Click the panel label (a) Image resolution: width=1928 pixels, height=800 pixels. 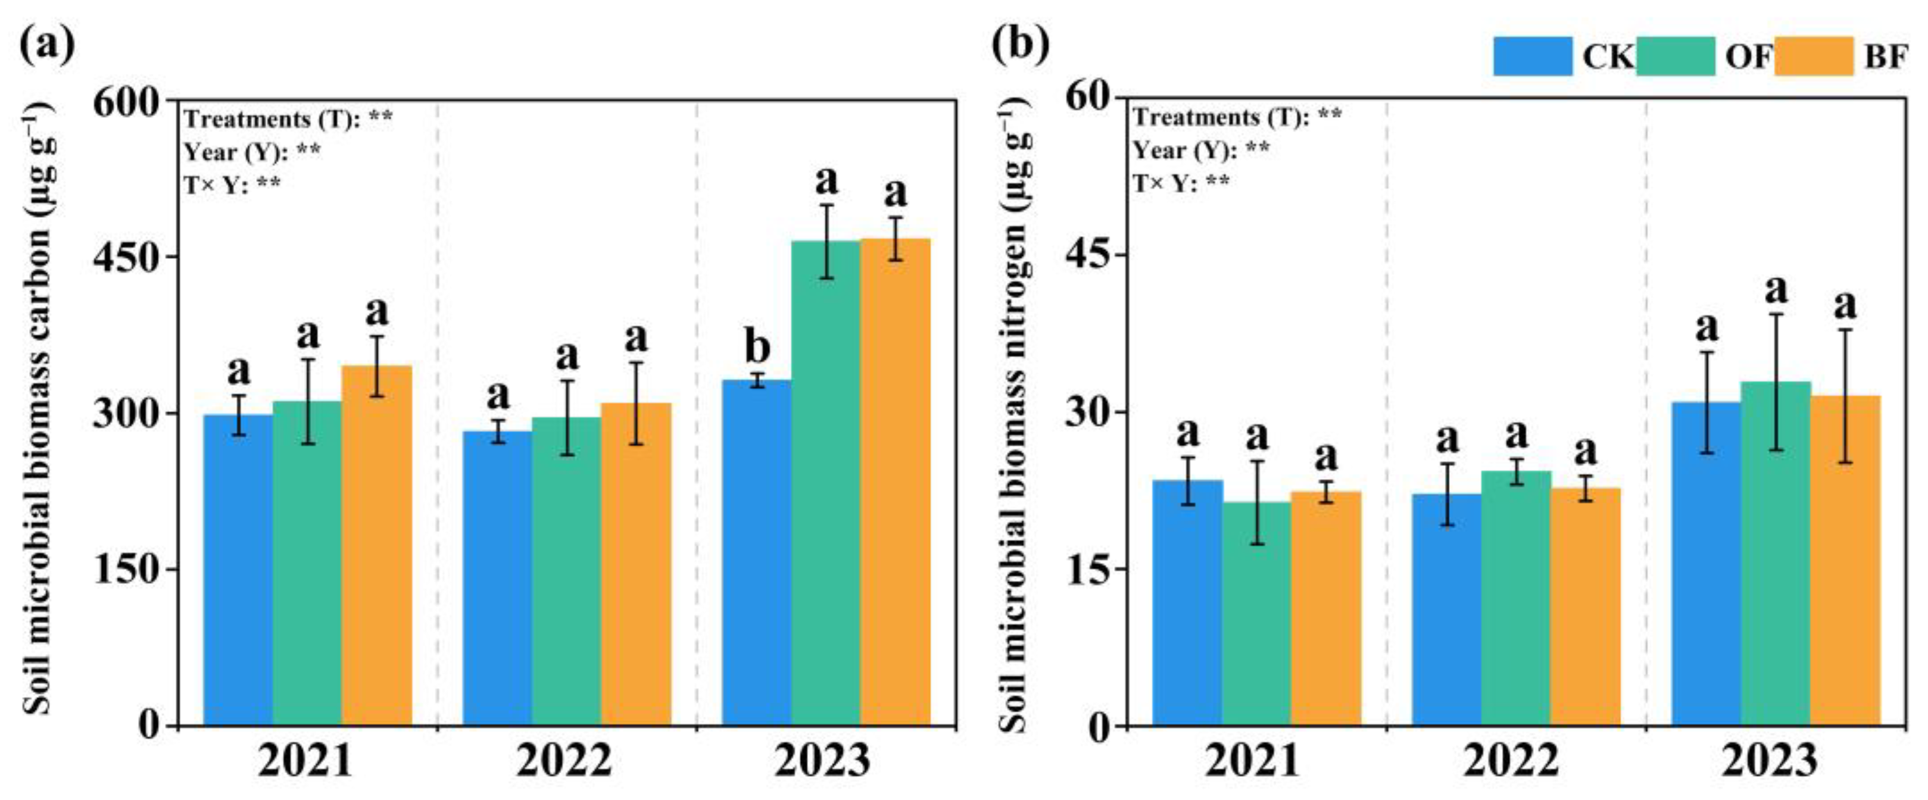(47, 43)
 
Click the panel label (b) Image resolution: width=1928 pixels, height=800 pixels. (1019, 43)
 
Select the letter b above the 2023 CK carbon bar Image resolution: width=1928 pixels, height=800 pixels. (757, 346)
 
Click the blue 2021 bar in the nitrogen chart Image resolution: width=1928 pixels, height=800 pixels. (1187, 602)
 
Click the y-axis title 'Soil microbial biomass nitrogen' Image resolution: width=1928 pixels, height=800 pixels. (1015, 419)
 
